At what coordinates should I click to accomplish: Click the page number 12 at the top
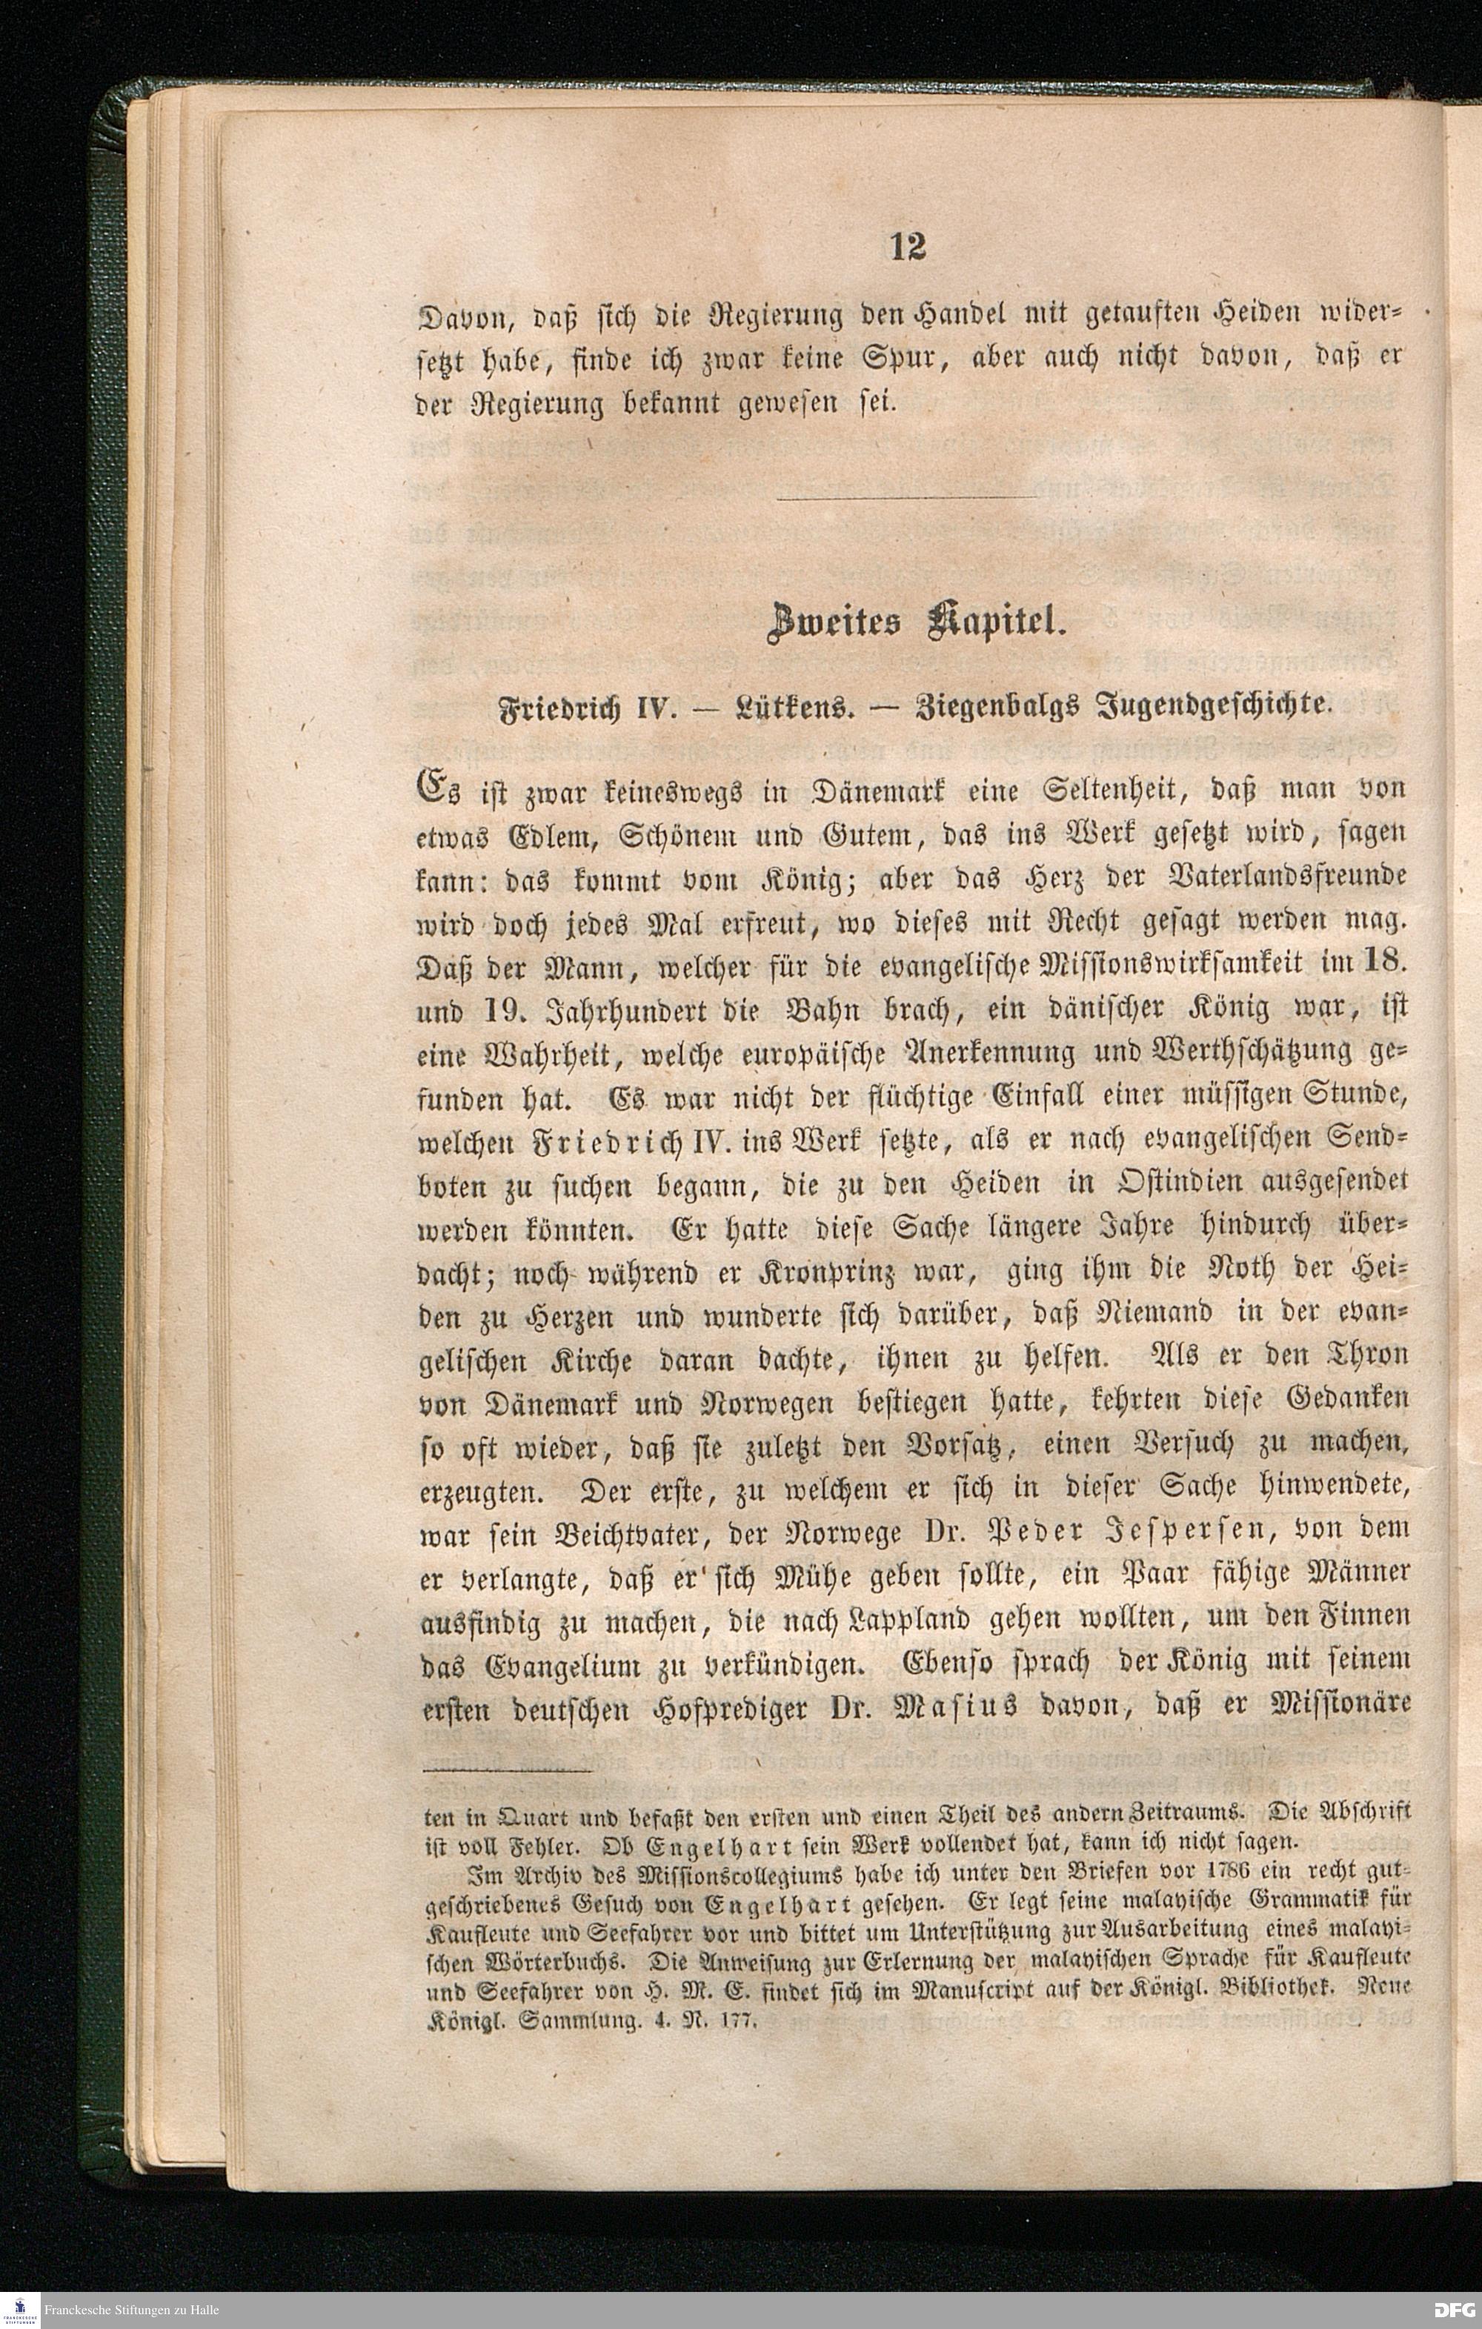coord(908,247)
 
